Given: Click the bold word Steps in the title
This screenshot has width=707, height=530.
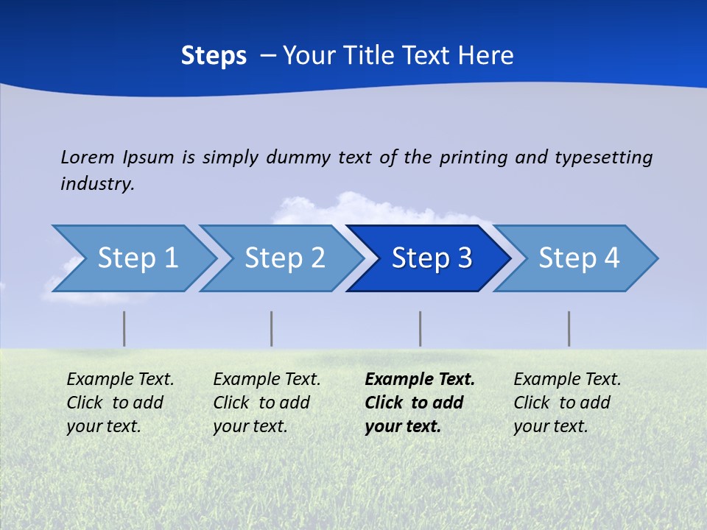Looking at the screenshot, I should click(x=214, y=56).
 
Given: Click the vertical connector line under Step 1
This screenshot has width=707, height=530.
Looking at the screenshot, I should click(x=124, y=328).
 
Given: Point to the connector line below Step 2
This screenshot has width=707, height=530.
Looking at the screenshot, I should click(x=271, y=328).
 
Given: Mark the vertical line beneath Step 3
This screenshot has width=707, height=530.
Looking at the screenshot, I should click(x=420, y=328).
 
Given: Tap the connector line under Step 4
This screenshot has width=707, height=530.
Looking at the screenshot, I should click(x=569, y=328).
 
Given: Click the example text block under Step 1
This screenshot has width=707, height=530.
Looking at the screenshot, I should click(x=120, y=403).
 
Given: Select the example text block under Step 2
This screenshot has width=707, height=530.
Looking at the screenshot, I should click(x=267, y=403).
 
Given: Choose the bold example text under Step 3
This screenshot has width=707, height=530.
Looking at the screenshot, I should click(x=420, y=403).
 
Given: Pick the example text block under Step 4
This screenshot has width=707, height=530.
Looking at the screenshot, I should click(x=567, y=403).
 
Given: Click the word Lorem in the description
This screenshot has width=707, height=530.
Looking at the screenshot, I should click(x=88, y=158).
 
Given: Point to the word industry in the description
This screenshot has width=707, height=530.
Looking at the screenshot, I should click(x=97, y=184).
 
